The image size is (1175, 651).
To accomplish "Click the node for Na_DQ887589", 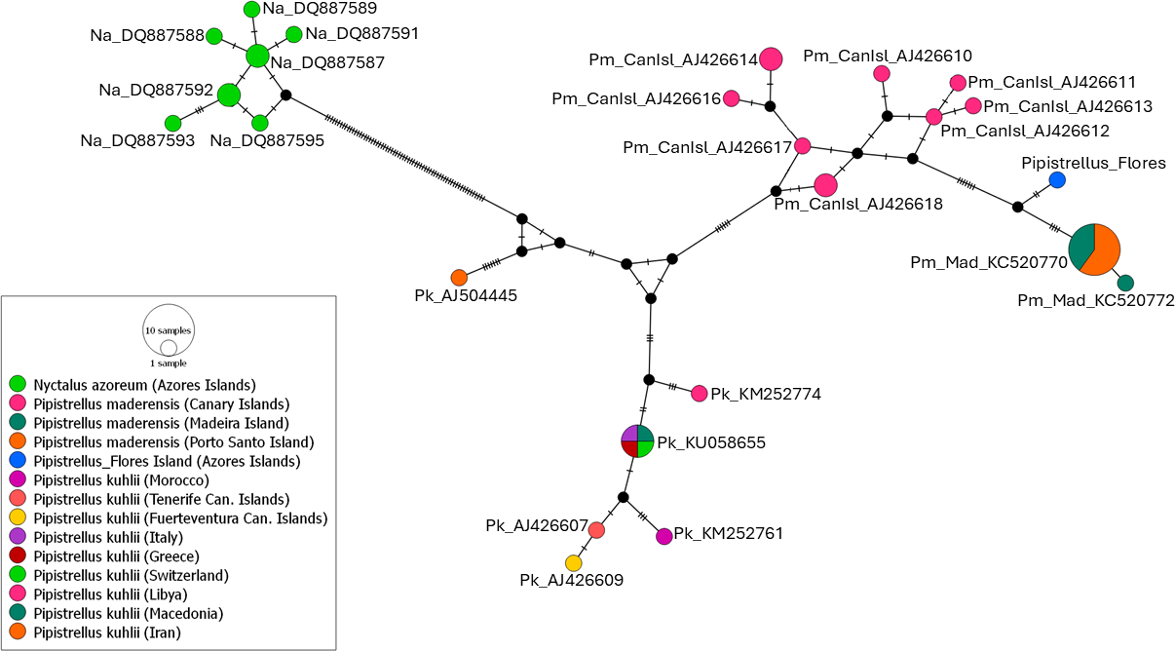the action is tap(251, 9).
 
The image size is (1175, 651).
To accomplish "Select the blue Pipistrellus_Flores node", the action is tap(1057, 180).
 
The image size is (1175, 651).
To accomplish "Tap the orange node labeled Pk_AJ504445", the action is tap(459, 277).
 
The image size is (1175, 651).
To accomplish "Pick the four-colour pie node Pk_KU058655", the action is tap(637, 441).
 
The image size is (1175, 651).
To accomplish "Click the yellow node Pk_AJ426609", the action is tap(573, 563).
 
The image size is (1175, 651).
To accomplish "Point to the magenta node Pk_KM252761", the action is tap(664, 536).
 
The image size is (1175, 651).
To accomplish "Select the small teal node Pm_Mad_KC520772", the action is tap(1125, 283).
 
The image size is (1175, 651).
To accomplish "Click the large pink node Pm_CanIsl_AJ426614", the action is tap(771, 58).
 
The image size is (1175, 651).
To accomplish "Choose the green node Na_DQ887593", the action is tap(173, 123).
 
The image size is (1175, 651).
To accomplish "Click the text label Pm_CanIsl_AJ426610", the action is tap(888, 56).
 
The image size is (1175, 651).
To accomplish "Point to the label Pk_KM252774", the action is tap(766, 394).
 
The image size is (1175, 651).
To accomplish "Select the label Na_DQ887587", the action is tap(327, 62).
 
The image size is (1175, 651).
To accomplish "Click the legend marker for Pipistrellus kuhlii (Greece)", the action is tap(18, 555).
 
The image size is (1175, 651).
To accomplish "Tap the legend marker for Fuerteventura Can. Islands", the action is tap(18, 517).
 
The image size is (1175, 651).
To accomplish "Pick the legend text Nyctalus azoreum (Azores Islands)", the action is tap(145, 385).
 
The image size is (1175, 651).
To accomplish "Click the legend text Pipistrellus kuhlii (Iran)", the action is tap(107, 632).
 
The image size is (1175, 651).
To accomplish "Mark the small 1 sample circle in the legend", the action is tap(169, 347).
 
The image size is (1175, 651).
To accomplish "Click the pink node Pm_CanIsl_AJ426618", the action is tap(825, 184).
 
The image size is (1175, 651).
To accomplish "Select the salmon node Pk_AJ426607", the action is tap(596, 530).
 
